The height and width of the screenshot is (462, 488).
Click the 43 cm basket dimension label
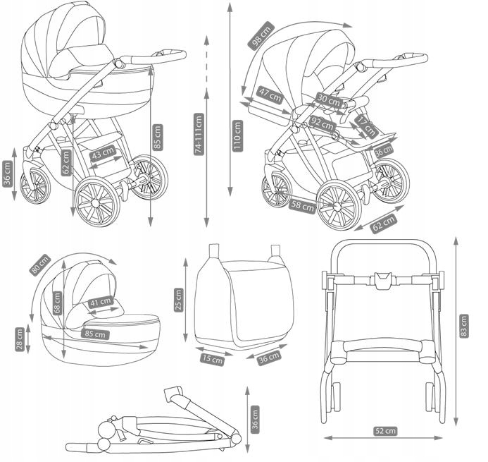[104, 152]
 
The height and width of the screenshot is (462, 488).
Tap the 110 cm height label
[237, 135]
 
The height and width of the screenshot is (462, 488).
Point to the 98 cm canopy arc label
[261, 36]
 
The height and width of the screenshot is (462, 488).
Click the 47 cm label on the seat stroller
[270, 94]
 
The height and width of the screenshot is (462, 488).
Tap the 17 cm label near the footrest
[363, 126]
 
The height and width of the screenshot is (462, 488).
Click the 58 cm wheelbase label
[301, 206]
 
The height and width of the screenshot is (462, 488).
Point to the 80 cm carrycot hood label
[39, 264]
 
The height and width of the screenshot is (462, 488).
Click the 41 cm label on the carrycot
[101, 303]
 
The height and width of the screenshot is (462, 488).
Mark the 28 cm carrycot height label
[20, 339]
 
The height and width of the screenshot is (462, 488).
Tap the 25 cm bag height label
[178, 300]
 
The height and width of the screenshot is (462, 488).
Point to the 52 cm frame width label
[386, 430]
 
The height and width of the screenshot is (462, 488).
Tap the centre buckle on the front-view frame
[382, 280]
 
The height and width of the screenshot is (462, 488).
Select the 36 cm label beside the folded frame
[255, 418]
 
